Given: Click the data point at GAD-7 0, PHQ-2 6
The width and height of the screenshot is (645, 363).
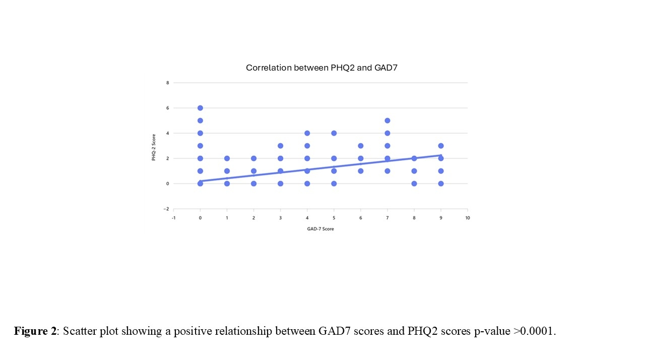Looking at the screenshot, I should coord(200,108).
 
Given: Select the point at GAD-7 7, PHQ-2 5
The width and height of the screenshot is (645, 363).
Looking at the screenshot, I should coord(388,120).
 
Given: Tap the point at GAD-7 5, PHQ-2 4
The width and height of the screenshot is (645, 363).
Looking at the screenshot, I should coord(334,133).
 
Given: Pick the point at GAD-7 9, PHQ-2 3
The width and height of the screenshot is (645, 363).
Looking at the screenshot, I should coord(441,146).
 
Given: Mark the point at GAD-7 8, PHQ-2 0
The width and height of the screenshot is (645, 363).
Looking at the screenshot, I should coord(414,184).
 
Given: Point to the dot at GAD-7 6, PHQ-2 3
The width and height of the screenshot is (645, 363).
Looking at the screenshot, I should coord(361,146).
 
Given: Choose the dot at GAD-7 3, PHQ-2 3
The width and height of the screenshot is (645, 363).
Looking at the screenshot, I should coord(280,146).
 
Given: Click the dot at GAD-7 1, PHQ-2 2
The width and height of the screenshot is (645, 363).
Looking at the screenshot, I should coord(227,158).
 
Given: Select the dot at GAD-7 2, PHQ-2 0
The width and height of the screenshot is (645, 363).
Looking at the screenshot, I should coord(253,184).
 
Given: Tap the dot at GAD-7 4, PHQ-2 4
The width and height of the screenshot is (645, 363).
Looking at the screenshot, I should coord(307,133).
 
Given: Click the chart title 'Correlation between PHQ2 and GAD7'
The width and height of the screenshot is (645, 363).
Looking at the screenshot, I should coord(321,68).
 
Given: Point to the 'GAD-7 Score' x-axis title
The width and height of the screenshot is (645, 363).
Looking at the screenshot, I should coord(320,229).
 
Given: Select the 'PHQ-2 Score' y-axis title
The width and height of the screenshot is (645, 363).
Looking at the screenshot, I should coord(154,146).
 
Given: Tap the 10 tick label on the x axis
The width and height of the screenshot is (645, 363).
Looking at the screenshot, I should coord(468,218).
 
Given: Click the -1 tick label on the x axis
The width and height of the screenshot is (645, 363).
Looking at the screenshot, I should coord(173,218).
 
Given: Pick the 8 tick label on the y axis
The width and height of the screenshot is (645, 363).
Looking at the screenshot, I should coord(168,83).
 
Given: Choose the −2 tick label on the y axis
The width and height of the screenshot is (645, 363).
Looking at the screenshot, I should coord(167,209).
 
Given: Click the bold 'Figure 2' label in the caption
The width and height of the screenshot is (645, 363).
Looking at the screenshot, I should coord(35,331).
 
